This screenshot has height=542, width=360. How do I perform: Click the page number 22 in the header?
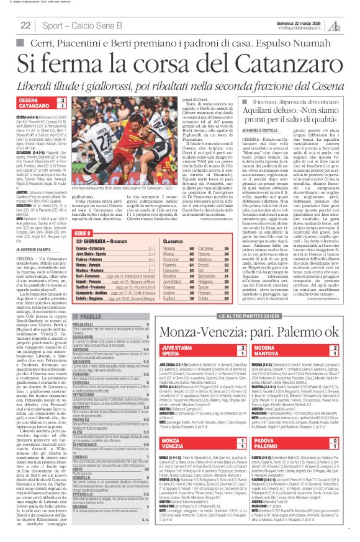point(25,25)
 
